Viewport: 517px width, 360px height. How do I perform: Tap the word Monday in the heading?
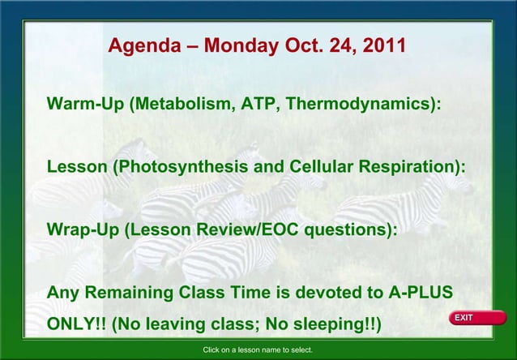point(241,45)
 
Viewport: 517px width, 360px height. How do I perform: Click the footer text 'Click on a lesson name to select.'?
point(258,350)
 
